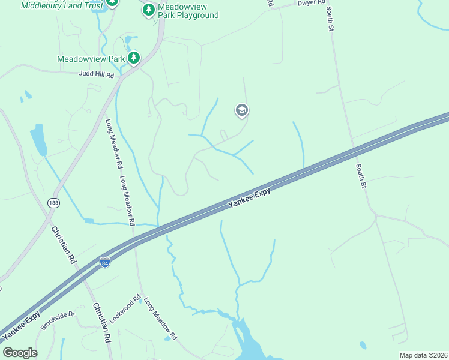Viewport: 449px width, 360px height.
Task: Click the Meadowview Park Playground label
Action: coord(188,11)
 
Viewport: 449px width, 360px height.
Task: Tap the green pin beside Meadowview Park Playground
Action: coord(148,10)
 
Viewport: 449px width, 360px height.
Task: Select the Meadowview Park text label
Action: coord(91,59)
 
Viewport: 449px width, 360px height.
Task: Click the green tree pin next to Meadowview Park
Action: coord(133,58)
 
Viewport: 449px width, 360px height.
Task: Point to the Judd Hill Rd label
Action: coord(96,75)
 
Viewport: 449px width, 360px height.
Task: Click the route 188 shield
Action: coord(55,203)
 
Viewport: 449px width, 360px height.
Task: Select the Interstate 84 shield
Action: coord(105,262)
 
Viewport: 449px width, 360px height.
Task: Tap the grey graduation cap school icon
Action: coord(242,110)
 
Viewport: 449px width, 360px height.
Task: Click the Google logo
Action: coord(20,352)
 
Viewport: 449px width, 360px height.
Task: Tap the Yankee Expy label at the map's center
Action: coord(249,198)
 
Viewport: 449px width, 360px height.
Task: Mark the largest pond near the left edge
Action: coord(38,140)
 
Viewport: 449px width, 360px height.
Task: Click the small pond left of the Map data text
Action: coord(363,345)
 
